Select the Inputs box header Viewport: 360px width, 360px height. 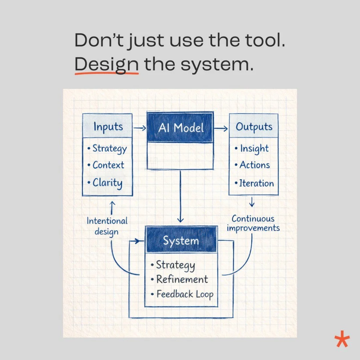coord(107,127)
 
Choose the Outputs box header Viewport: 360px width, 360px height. coord(254,127)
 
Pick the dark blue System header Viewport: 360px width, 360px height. coord(181,241)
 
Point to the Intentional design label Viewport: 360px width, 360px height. coord(107,226)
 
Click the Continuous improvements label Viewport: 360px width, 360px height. coord(253,223)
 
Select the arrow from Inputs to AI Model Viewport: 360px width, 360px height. coord(139,127)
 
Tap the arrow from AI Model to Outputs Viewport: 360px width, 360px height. coord(220,128)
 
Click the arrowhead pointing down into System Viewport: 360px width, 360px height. coord(180,220)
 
